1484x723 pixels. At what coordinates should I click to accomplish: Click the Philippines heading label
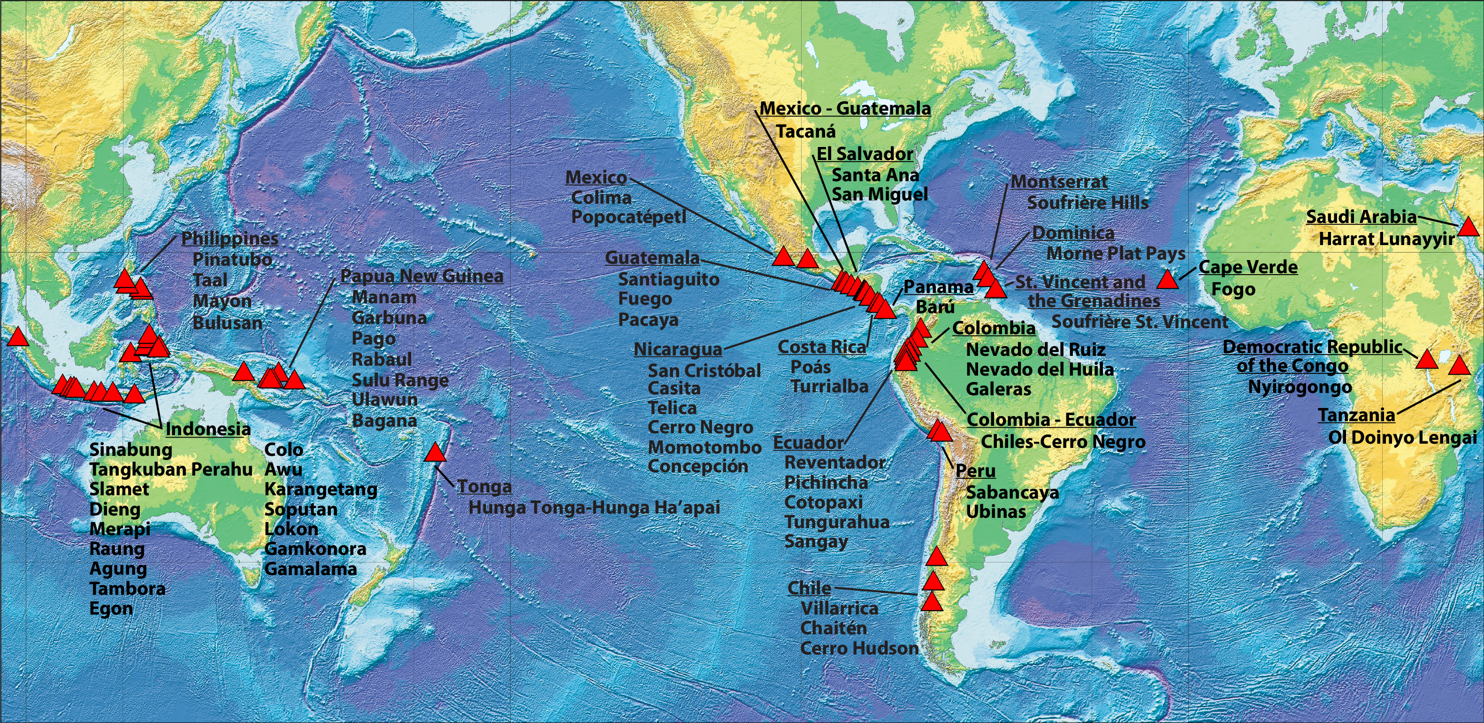point(229,238)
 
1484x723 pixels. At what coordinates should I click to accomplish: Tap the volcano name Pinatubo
point(232,260)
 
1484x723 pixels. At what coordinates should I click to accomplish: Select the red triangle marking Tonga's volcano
point(436,453)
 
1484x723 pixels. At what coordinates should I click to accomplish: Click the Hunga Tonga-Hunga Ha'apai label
point(594,508)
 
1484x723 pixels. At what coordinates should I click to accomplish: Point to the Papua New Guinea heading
point(422,276)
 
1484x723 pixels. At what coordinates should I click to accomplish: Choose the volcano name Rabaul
point(382,360)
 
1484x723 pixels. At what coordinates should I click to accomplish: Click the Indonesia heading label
point(208,429)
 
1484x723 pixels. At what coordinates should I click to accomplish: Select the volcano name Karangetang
point(321,490)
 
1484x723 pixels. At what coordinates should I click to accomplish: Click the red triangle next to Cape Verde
point(1167,280)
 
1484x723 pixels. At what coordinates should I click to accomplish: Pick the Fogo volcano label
point(1233,289)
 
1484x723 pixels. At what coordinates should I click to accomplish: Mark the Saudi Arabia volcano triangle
point(1468,227)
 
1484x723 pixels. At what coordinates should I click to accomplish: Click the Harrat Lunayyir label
point(1387,239)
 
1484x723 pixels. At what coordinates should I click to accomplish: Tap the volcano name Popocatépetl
point(628,218)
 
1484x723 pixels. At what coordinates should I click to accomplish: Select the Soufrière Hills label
point(1087,203)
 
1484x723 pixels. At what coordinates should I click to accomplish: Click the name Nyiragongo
point(1300,387)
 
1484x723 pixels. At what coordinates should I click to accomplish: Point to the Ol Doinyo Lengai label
point(1403,438)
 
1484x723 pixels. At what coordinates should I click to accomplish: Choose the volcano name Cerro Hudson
point(859,649)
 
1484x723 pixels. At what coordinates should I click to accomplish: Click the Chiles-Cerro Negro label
point(1063,442)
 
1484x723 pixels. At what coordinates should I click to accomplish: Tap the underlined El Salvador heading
point(864,154)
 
